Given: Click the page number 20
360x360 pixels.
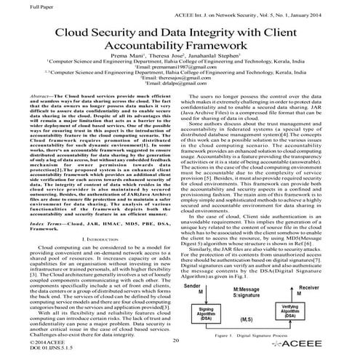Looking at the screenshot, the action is point(176,340).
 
